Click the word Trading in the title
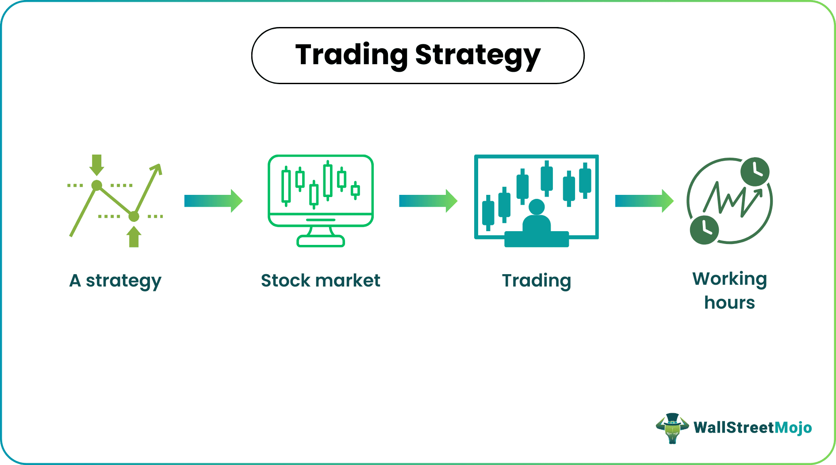click(x=352, y=55)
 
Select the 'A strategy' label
click(x=115, y=281)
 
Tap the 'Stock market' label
click(x=320, y=280)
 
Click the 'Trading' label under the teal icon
click(x=537, y=281)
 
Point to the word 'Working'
click(x=729, y=279)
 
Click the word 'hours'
click(x=729, y=302)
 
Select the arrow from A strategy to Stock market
click(x=214, y=201)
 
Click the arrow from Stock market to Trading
click(x=428, y=201)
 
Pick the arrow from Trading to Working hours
click(x=644, y=201)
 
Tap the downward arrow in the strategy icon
click(x=97, y=165)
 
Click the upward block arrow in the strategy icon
click(x=134, y=236)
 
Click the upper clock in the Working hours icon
click(x=755, y=171)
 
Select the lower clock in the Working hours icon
click(x=704, y=230)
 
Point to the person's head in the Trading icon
click(x=537, y=207)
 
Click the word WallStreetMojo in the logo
click(x=753, y=427)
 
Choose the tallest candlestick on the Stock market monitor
click(x=328, y=180)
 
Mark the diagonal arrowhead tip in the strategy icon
click(x=160, y=164)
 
